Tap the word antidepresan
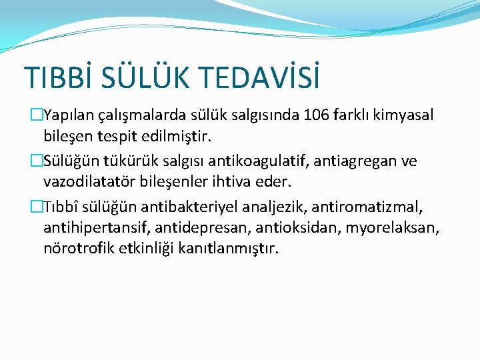pyautogui.click(x=187, y=228)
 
